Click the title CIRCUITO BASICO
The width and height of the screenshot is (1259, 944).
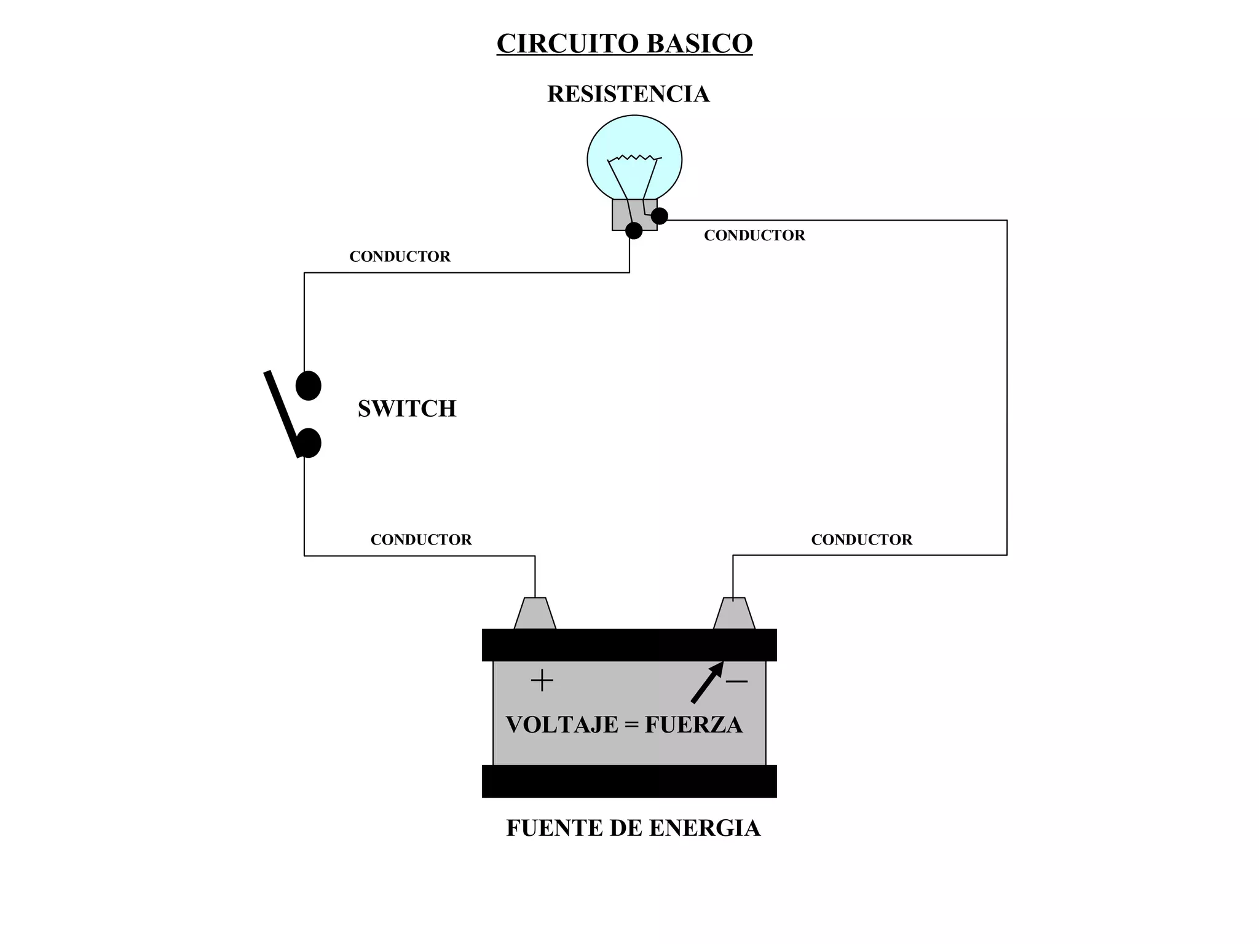pyautogui.click(x=624, y=44)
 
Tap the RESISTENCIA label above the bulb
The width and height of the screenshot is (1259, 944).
pyautogui.click(x=628, y=94)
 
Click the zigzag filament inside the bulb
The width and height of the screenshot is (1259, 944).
pyautogui.click(x=634, y=158)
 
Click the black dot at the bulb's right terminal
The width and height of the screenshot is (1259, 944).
pyautogui.click(x=659, y=216)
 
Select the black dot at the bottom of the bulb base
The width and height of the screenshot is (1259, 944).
pyautogui.click(x=633, y=230)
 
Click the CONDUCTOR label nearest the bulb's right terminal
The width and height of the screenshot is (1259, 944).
pyautogui.click(x=754, y=235)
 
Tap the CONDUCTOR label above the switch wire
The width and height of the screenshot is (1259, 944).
pyautogui.click(x=400, y=256)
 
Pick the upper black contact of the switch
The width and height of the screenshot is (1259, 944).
pyautogui.click(x=308, y=385)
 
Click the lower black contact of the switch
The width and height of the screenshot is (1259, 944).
pyautogui.click(x=309, y=443)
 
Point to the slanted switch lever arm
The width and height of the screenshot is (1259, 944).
pyautogui.click(x=282, y=412)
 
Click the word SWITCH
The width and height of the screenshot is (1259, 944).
pyautogui.click(x=406, y=409)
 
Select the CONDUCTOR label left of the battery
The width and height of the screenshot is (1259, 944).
pyautogui.click(x=420, y=540)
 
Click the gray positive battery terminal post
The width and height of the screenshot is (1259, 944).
pyautogui.click(x=535, y=613)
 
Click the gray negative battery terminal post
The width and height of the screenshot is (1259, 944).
pyautogui.click(x=734, y=613)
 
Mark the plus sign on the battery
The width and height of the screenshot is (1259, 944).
pyautogui.click(x=542, y=680)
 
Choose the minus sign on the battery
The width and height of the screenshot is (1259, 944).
pyautogui.click(x=736, y=681)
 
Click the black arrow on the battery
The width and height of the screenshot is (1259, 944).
pyautogui.click(x=707, y=682)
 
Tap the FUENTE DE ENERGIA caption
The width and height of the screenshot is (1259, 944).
pyautogui.click(x=633, y=828)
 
